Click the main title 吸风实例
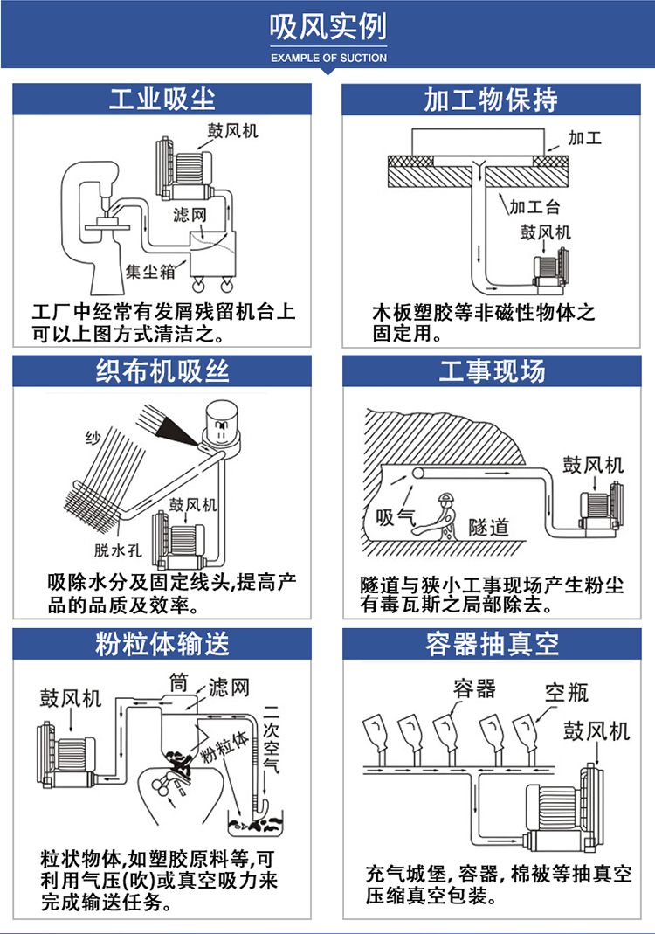point(327,29)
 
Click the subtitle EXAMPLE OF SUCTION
point(328,58)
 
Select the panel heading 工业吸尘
point(162,99)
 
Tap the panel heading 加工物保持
point(491,99)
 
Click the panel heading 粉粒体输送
point(162,644)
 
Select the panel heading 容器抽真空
point(491,644)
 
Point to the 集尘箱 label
point(150,271)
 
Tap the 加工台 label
point(534,207)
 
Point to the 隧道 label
point(488,527)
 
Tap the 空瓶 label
point(567,693)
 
